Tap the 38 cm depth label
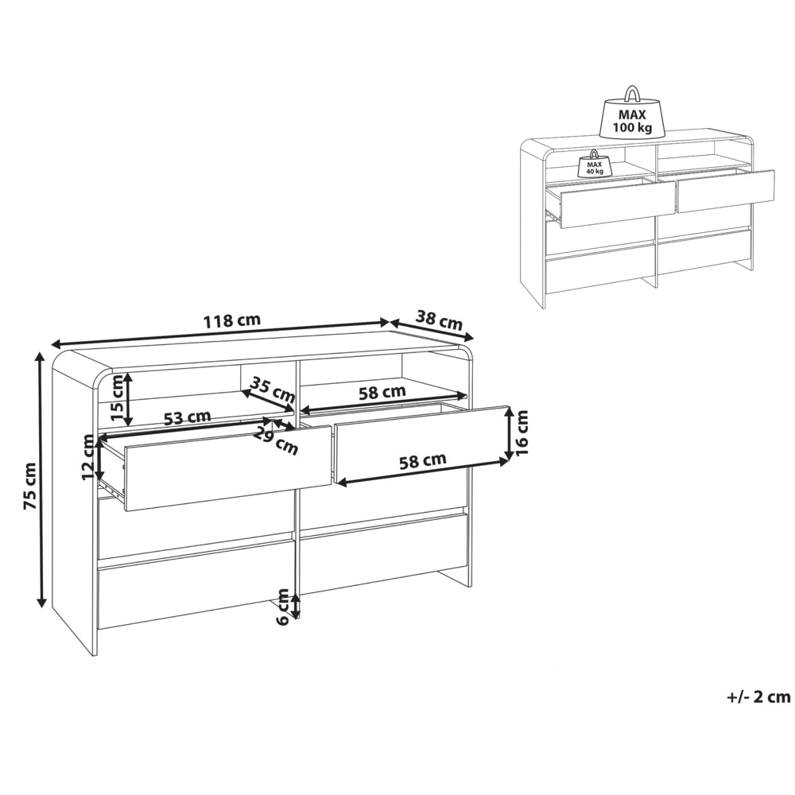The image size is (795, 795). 439,320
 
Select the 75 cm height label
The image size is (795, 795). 30,486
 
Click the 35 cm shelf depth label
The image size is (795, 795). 273,390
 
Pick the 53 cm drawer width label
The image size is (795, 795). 187,418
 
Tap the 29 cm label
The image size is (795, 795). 276,441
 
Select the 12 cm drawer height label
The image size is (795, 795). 91,459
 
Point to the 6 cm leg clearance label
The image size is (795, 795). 284,607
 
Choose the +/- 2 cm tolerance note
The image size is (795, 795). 758,696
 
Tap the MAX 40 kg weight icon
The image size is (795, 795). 594,164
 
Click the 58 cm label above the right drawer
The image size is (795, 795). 382,393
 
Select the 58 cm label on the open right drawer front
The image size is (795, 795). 423,461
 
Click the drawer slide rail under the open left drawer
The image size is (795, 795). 114,487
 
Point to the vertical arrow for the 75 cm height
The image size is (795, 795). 41,480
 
